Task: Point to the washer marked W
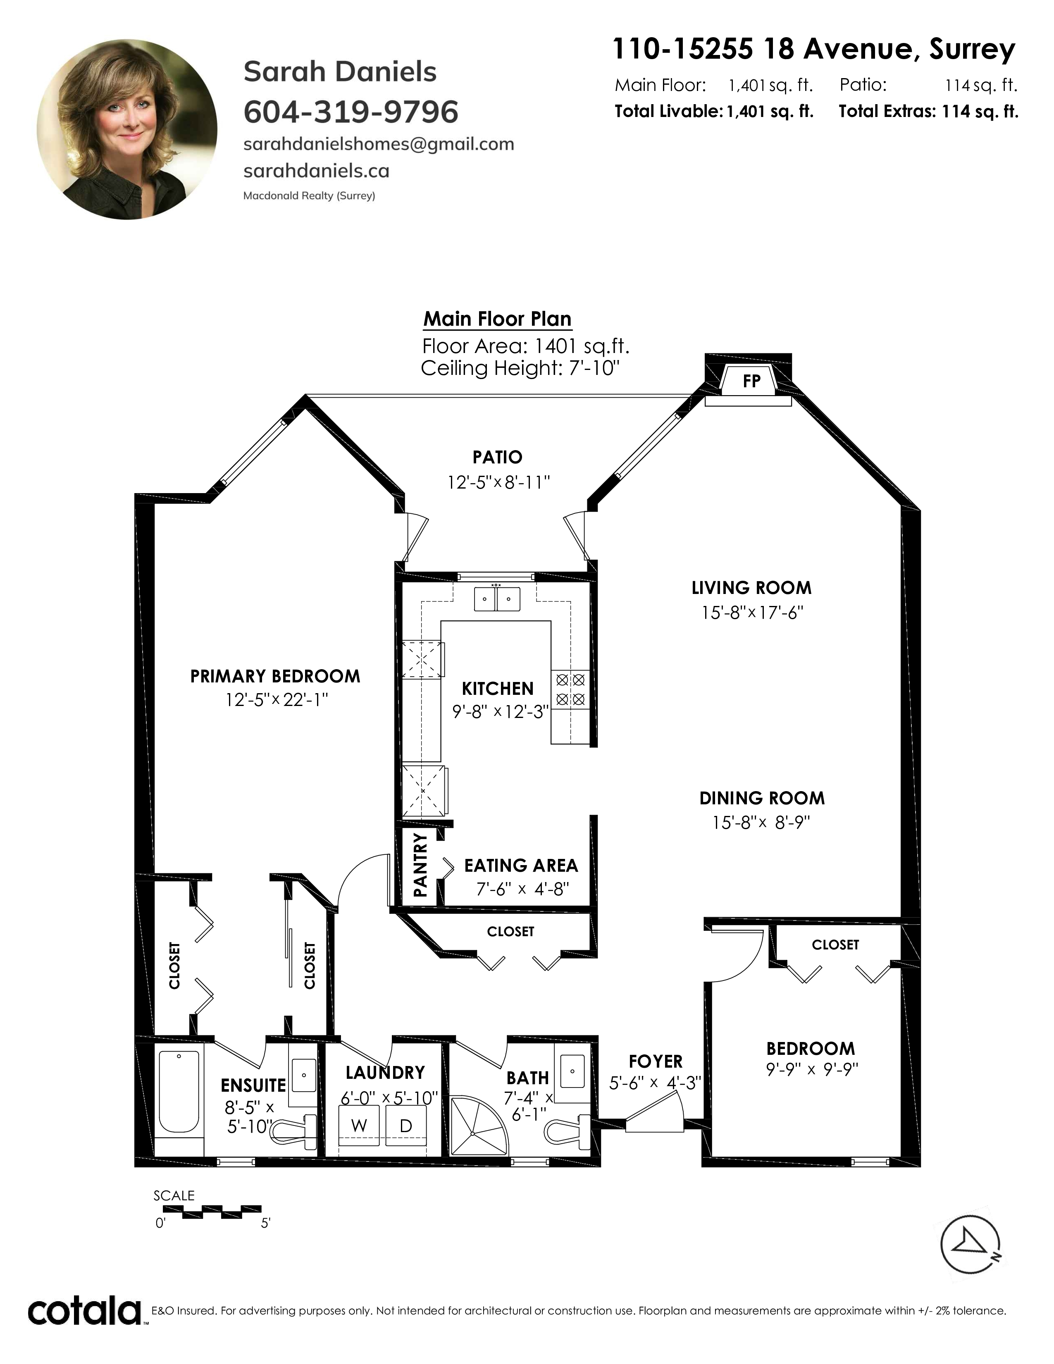pos(360,1126)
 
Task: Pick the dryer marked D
pos(406,1126)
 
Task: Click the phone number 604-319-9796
pos(351,112)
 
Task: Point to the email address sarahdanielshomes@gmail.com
pos(378,144)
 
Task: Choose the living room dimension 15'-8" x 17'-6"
pos(752,613)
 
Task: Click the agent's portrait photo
pos(127,129)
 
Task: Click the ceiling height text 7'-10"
pos(594,368)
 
